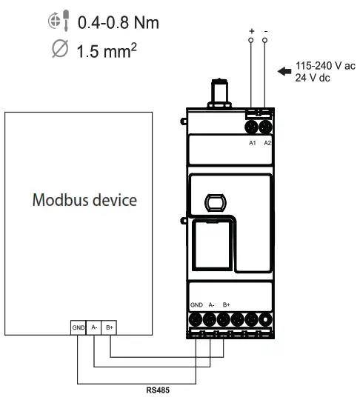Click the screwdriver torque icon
(59, 21)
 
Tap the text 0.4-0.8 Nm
(119, 22)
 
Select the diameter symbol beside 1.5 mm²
(60, 48)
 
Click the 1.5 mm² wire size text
(107, 50)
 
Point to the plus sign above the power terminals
(252, 31)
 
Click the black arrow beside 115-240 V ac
(284, 71)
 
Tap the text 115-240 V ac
(325, 66)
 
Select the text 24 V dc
(313, 78)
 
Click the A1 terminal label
(253, 143)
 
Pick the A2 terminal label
(267, 143)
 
